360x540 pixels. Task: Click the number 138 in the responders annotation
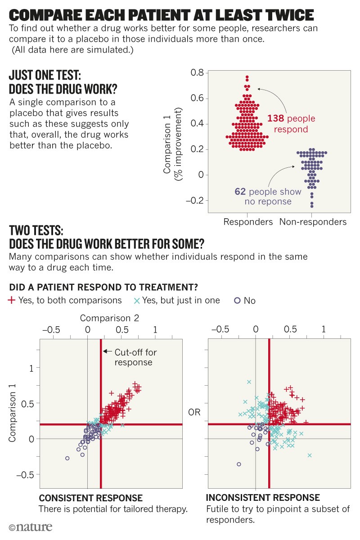277,118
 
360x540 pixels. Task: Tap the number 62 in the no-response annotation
240,192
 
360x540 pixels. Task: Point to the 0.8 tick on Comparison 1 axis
198,73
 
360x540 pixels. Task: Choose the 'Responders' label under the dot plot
248,222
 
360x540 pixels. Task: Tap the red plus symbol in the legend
12,300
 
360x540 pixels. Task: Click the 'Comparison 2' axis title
109,318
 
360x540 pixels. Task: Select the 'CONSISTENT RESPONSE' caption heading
91,498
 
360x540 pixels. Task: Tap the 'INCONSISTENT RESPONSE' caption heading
263,498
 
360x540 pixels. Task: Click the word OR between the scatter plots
195,412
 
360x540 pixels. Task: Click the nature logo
30,527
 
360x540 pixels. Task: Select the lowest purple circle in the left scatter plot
67,458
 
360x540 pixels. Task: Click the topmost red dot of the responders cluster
247,77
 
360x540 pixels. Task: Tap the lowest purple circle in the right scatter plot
239,464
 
